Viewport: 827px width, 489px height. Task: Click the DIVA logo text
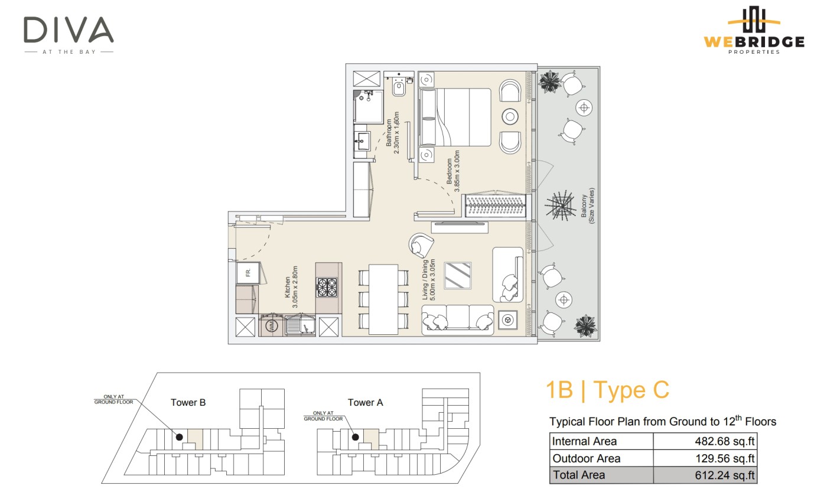pos(69,30)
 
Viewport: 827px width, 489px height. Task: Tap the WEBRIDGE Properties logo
pos(754,30)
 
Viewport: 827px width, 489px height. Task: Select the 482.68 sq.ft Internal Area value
pos(725,441)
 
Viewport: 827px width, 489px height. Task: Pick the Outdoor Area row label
pos(586,458)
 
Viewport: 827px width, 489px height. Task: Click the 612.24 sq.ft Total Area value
pos(725,475)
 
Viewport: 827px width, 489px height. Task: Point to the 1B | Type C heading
pos(607,390)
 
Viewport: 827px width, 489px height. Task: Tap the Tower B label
pos(188,402)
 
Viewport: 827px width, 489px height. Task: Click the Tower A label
pos(365,402)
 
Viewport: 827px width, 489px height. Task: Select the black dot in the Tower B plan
pos(180,437)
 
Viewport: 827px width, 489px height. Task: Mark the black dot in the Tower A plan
pos(355,437)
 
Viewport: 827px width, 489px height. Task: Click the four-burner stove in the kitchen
pos(327,288)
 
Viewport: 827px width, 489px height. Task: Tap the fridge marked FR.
pos(248,273)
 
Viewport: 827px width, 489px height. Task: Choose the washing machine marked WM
pos(272,325)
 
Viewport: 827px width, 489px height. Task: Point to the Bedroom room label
pos(449,171)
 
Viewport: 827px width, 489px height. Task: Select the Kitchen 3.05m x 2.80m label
pos(291,287)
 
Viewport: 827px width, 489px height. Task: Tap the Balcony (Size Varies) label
pos(588,206)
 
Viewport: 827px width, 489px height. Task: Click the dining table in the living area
pos(383,299)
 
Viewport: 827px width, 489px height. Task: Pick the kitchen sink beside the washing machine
pos(300,325)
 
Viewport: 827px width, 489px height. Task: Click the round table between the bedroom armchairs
pos(510,116)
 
